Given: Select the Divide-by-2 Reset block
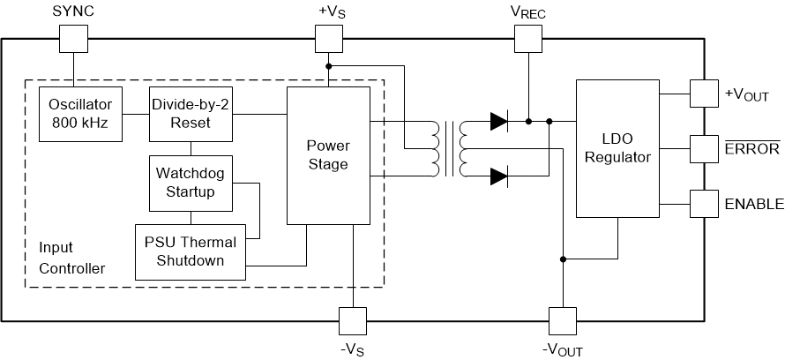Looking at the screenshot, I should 191,114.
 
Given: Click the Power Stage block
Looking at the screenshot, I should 327,154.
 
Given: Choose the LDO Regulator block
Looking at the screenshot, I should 617,148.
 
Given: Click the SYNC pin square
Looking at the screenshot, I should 74,38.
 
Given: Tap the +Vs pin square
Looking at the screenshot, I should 328,38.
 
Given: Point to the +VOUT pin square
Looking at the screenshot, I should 703,94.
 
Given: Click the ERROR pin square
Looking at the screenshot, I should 703,148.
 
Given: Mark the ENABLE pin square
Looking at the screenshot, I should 703,203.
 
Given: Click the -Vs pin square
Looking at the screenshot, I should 352,319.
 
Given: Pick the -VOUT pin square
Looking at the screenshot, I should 562,319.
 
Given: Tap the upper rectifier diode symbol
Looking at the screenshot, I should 499,121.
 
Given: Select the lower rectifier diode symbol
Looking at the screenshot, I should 499,176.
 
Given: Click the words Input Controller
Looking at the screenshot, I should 71,257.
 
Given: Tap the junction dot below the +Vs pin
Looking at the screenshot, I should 328,66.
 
